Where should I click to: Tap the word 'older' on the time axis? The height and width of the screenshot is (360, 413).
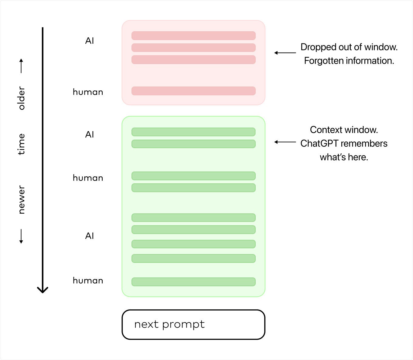(x=21, y=98)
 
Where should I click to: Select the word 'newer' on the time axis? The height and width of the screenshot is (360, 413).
(x=21, y=199)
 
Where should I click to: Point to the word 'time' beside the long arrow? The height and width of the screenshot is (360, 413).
(x=21, y=144)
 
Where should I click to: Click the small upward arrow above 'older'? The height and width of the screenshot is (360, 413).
(x=21, y=66)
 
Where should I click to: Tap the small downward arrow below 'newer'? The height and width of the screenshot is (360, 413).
(x=21, y=236)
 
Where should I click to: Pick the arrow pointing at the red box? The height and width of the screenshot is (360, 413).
(x=285, y=53)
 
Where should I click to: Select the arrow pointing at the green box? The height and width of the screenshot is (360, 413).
(x=285, y=142)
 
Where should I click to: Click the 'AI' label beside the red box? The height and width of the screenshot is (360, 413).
(x=89, y=41)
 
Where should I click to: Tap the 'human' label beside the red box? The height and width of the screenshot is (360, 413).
(x=88, y=92)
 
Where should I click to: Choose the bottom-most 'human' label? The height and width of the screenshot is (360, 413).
(x=88, y=280)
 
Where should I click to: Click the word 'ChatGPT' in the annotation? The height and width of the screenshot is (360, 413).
(x=319, y=144)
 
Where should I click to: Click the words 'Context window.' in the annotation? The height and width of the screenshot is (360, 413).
(x=344, y=130)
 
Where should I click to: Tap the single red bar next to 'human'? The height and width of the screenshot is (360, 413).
(x=193, y=91)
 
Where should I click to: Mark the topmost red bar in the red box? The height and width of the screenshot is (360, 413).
(x=193, y=36)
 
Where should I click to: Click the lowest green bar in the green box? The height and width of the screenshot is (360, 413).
(x=193, y=282)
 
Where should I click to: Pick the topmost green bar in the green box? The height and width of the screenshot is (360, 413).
(x=193, y=132)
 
